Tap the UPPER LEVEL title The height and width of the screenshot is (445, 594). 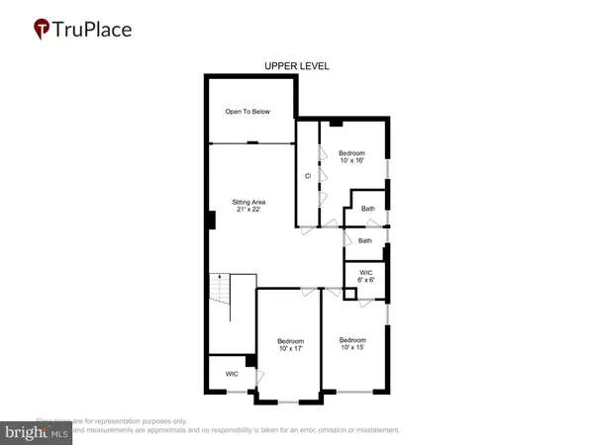click(296, 66)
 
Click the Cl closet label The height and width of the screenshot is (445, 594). click(308, 176)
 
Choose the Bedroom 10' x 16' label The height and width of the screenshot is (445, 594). click(351, 157)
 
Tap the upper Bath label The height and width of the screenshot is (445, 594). click(367, 209)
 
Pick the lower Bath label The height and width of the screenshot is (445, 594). click(365, 240)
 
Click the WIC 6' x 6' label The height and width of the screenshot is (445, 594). click(365, 276)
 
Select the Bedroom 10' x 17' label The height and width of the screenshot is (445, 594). click(289, 345)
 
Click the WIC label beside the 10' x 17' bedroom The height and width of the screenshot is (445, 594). click(232, 374)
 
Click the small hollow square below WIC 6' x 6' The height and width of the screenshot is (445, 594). click(349, 294)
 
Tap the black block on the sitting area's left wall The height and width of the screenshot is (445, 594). click(211, 222)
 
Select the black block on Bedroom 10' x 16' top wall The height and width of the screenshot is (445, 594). click(337, 124)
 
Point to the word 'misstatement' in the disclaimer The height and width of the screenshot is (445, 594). click(373, 430)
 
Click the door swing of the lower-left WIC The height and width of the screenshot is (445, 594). click(259, 377)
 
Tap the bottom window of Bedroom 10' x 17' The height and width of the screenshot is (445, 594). click(288, 401)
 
